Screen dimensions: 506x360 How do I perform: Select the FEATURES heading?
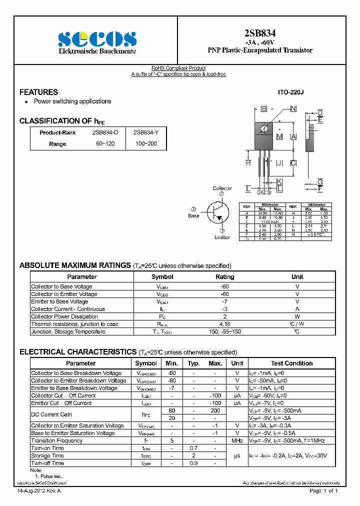pos(38,92)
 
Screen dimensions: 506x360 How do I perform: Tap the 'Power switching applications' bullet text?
pos(72,101)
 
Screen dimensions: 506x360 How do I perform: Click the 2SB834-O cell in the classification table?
pos(105,132)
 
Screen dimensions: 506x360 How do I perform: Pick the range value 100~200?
pos(146,144)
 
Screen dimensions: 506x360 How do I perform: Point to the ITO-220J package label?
pos(290,93)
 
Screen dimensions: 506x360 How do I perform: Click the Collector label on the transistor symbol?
pos(222,188)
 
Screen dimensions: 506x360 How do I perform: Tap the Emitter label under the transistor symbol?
pos(222,237)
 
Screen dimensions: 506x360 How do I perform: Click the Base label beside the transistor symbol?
pos(193,216)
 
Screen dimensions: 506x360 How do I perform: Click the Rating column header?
pos(224,277)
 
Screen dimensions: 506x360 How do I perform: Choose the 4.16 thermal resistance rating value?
pos(224,324)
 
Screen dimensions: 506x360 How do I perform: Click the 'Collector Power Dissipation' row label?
pos(64,316)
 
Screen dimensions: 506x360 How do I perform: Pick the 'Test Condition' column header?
pos(291,363)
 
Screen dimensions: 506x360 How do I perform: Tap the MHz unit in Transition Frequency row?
pos(237,440)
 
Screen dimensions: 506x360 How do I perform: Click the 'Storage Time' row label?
pos(47,455)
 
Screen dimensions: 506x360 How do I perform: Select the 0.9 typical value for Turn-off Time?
pos(193,463)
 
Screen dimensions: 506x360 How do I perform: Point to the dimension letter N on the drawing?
pos(293,108)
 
